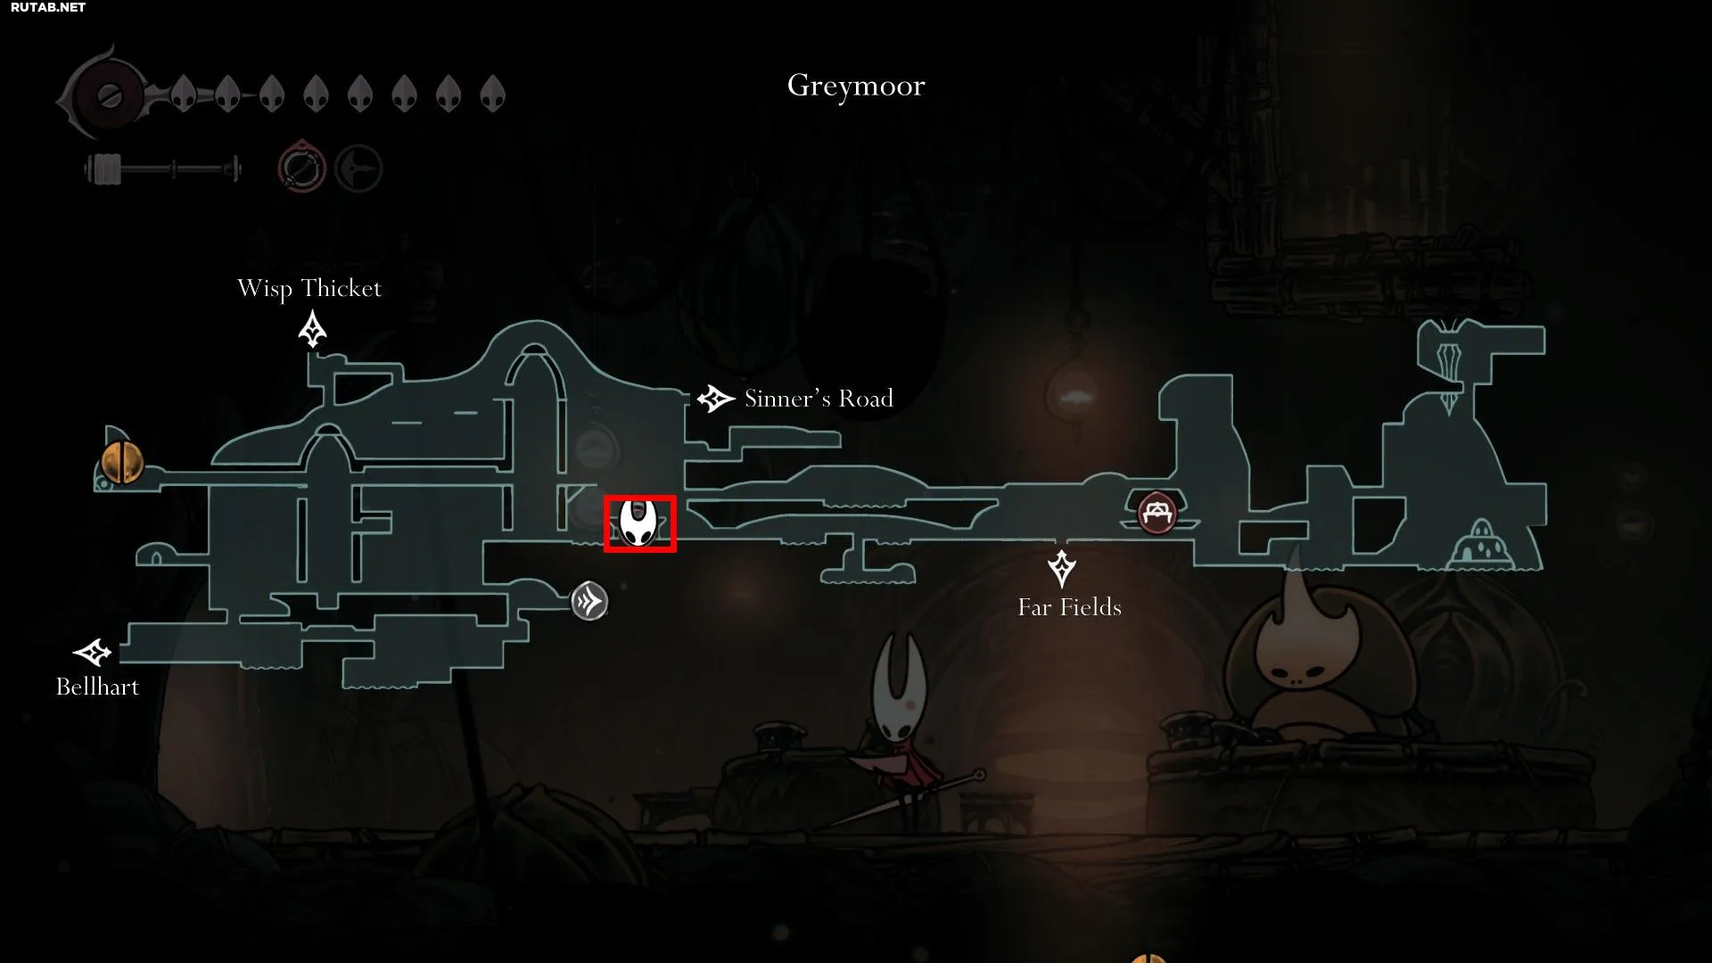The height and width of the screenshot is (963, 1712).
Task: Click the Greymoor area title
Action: coord(856,86)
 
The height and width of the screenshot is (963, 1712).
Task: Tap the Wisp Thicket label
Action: coord(309,289)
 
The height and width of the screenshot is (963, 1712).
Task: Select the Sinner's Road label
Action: coord(819,399)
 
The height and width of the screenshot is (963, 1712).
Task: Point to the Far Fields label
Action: coord(1070,607)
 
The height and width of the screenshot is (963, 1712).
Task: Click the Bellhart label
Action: coord(97,687)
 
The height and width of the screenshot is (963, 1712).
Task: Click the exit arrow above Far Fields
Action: coord(1061,568)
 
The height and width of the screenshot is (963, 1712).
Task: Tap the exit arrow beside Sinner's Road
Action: coord(715,399)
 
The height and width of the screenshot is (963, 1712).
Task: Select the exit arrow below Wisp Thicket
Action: coord(312,329)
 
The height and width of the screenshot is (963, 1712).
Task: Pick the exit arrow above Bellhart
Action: coord(92,653)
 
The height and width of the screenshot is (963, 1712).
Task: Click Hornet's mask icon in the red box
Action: coord(639,523)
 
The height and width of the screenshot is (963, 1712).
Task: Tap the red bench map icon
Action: coord(1156,513)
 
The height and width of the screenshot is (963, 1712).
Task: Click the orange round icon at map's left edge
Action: coord(121,461)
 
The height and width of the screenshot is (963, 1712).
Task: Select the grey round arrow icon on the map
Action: coord(589,602)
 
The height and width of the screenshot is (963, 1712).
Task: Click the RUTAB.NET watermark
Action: coord(48,7)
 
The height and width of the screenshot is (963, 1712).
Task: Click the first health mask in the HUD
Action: coord(184,93)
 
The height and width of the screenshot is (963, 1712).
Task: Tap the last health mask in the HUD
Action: coord(492,93)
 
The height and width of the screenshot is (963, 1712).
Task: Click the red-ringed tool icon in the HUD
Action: coord(301,167)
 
